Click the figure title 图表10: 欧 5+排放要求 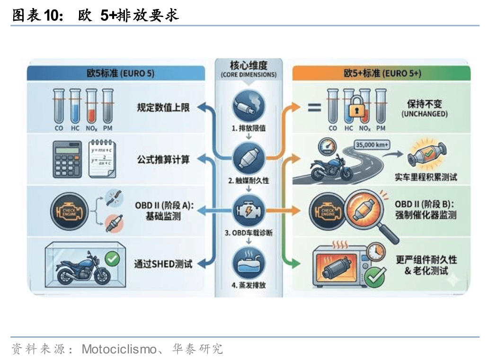[95, 15]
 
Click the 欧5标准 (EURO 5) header [116, 73]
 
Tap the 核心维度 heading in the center [248, 65]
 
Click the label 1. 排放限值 [248, 128]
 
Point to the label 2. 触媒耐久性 [248, 180]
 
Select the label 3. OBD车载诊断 [248, 233]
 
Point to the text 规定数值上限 [163, 108]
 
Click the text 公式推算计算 [163, 160]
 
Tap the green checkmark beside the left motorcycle [112, 259]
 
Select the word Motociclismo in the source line [119, 350]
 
